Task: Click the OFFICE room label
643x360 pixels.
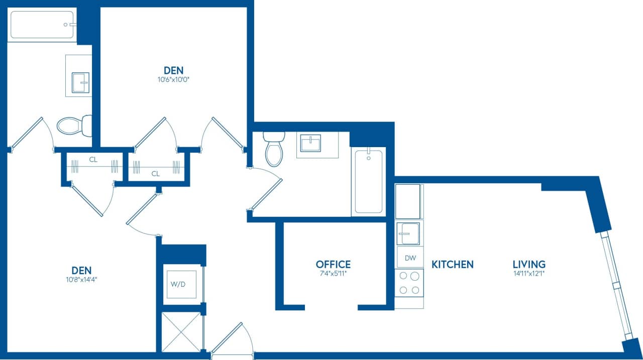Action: click(333, 264)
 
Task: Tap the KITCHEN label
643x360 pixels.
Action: click(452, 264)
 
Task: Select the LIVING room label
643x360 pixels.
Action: click(529, 264)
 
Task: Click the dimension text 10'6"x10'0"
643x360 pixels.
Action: click(173, 79)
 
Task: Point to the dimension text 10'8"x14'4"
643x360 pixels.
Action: click(77, 280)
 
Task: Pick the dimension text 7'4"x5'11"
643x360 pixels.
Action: click(333, 274)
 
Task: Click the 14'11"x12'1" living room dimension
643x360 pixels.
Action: click(529, 274)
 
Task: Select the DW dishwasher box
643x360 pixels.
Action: click(410, 258)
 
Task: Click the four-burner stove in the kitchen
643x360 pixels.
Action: click(409, 283)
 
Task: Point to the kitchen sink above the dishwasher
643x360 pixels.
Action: click(408, 233)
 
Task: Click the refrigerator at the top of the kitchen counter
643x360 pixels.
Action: click(408, 201)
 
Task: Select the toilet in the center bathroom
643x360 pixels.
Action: click(274, 149)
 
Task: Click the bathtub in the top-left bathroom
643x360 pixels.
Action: click(42, 25)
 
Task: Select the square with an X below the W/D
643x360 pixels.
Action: click(181, 331)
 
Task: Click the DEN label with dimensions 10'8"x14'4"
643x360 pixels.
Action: click(77, 270)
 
